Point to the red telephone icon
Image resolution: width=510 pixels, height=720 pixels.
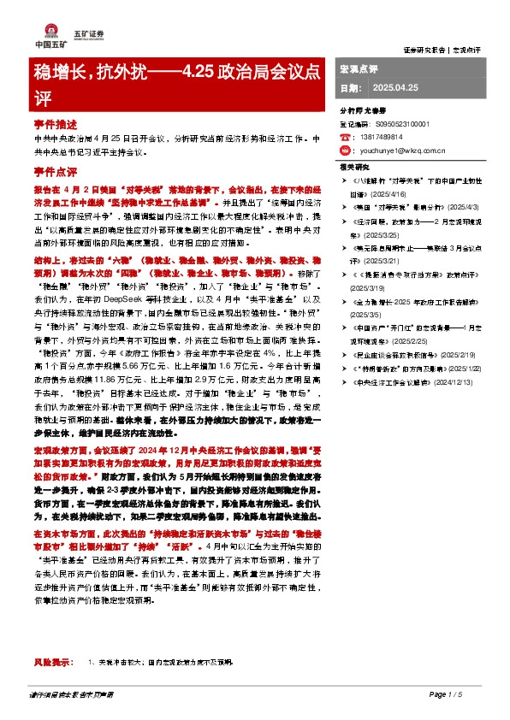click(x=344, y=137)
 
